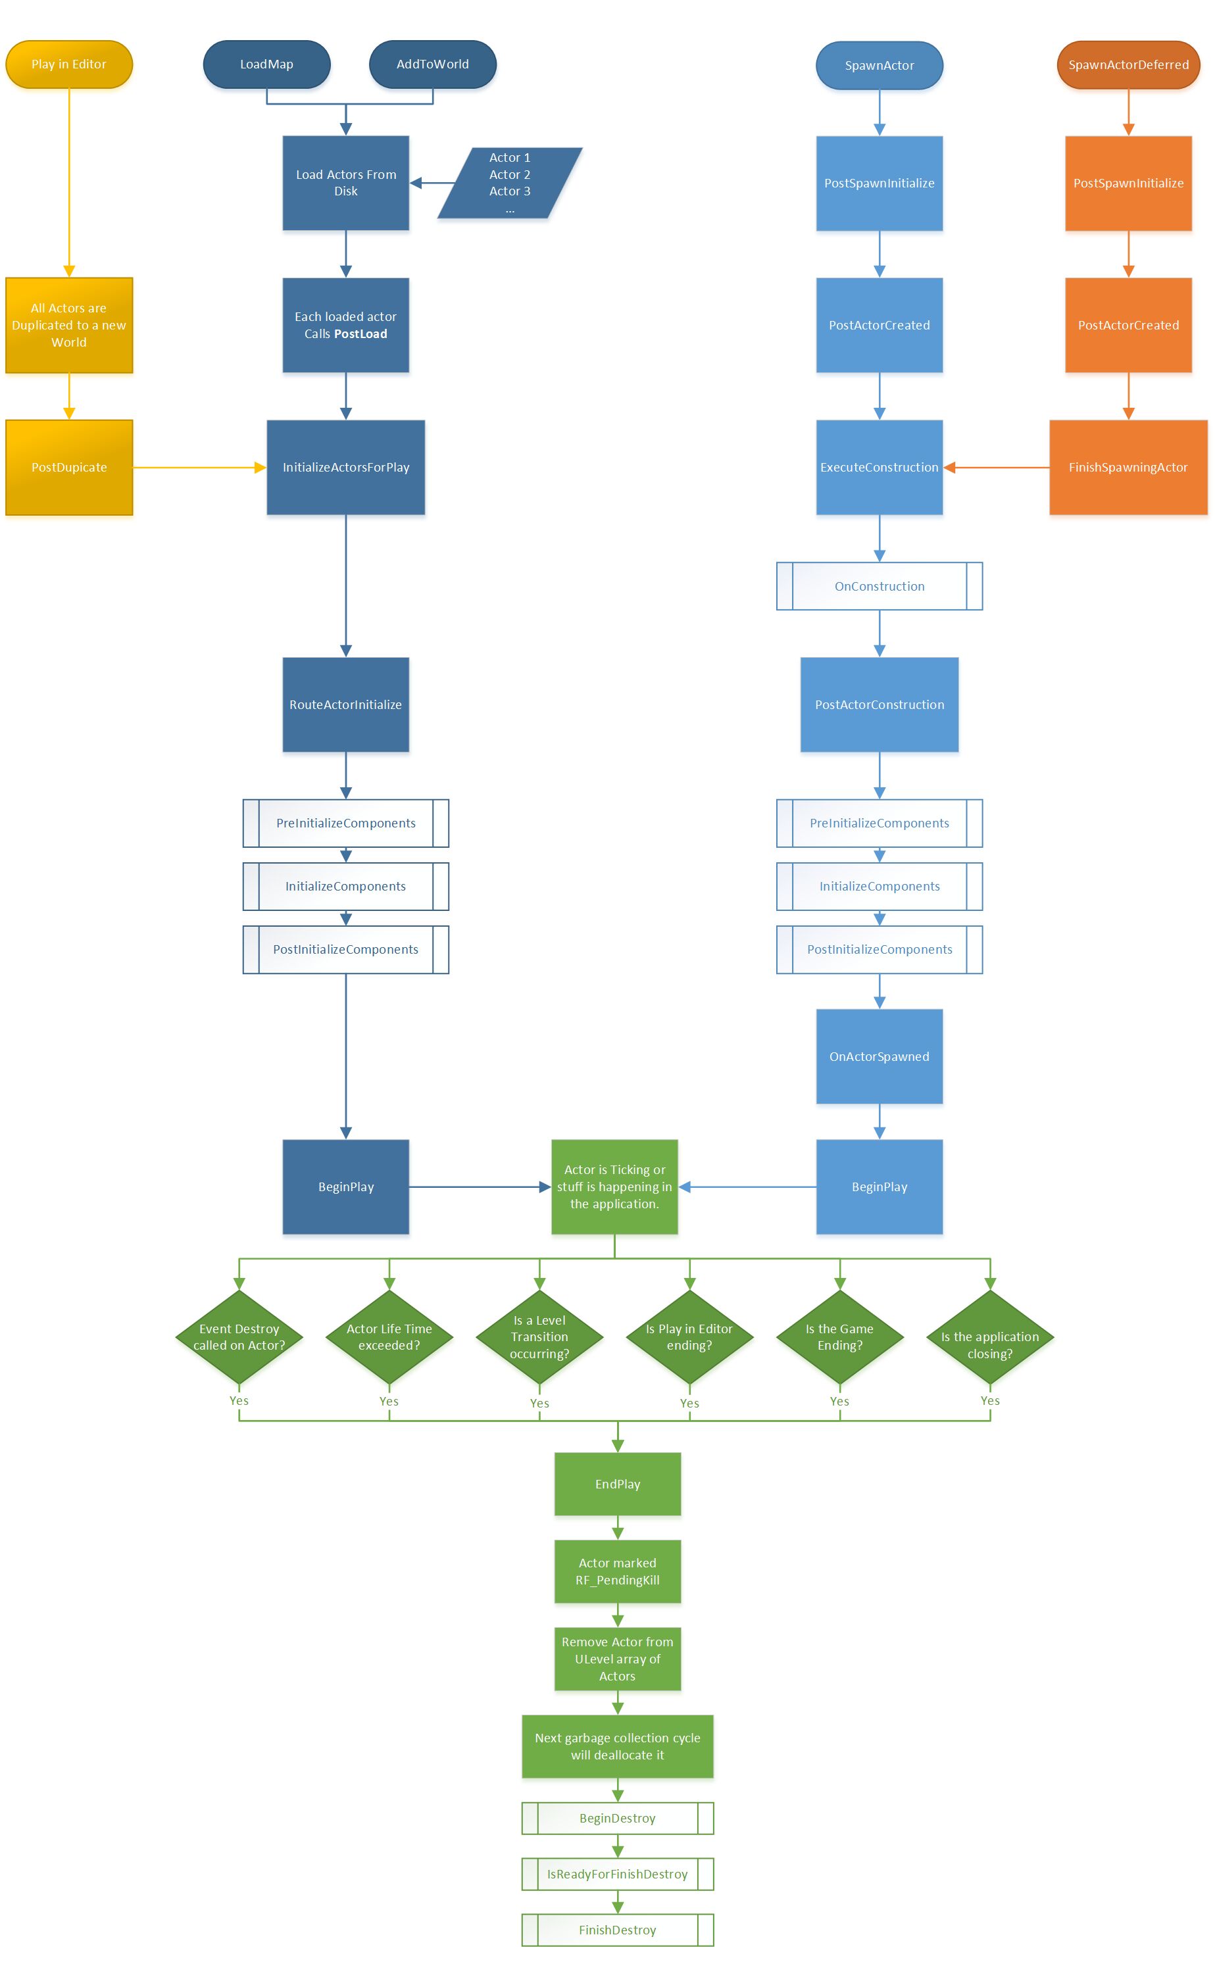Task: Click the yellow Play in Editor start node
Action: point(68,64)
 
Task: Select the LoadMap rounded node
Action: point(266,64)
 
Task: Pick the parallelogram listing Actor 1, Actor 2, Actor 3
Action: point(509,183)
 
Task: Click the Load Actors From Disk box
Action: point(345,183)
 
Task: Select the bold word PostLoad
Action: point(361,334)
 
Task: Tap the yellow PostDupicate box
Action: point(68,467)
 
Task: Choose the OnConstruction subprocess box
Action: point(879,587)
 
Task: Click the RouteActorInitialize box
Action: point(345,705)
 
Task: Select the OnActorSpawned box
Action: point(879,1056)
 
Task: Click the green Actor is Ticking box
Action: point(614,1187)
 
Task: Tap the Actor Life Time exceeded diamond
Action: point(389,1337)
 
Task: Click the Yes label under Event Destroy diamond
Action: point(239,1401)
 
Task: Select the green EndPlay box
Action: point(617,1484)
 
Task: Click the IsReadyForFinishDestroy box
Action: point(617,1874)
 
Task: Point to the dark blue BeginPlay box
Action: point(345,1187)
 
